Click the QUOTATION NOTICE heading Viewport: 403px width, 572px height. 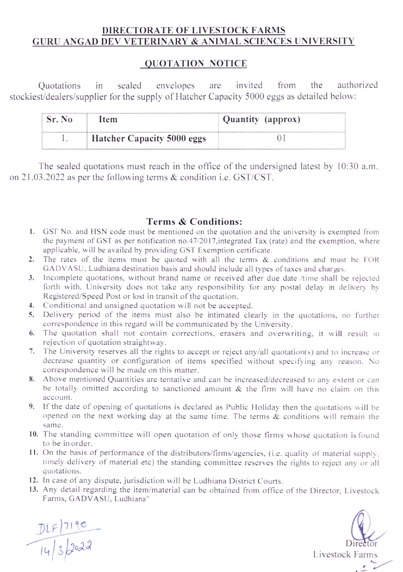[x=195, y=64]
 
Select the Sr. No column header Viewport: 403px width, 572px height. [x=60, y=119]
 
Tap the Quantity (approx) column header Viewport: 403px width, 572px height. [x=261, y=119]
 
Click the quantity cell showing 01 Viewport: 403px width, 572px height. [x=281, y=138]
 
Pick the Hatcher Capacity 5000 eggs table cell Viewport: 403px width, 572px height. [x=149, y=139]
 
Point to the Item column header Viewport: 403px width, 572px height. [x=108, y=119]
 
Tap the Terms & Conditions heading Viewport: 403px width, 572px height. [x=194, y=222]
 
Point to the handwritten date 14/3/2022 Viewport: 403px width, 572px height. [x=65, y=548]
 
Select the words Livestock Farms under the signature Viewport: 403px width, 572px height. [x=345, y=554]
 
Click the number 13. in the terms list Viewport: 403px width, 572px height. [x=33, y=489]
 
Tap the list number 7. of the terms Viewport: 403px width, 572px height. [x=32, y=351]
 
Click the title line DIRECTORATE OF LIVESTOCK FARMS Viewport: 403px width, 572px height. [x=194, y=30]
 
